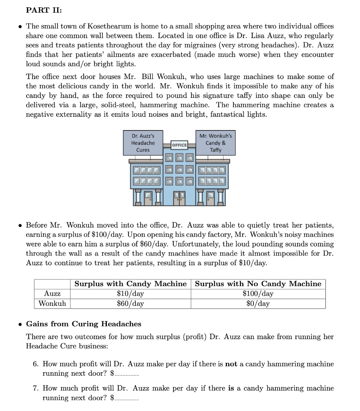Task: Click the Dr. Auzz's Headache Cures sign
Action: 143,143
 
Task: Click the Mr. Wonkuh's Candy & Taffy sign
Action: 215,143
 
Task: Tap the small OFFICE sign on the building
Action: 179,145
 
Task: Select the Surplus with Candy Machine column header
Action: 131,284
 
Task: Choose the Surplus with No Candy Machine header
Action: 258,284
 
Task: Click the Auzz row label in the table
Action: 52,294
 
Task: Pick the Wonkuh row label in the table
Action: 52,303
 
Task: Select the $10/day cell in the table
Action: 131,294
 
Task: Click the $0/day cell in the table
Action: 258,303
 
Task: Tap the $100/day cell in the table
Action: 258,294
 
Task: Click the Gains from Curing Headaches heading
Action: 84,324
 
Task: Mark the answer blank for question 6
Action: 127,374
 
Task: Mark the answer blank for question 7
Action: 127,399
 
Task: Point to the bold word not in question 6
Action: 231,364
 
